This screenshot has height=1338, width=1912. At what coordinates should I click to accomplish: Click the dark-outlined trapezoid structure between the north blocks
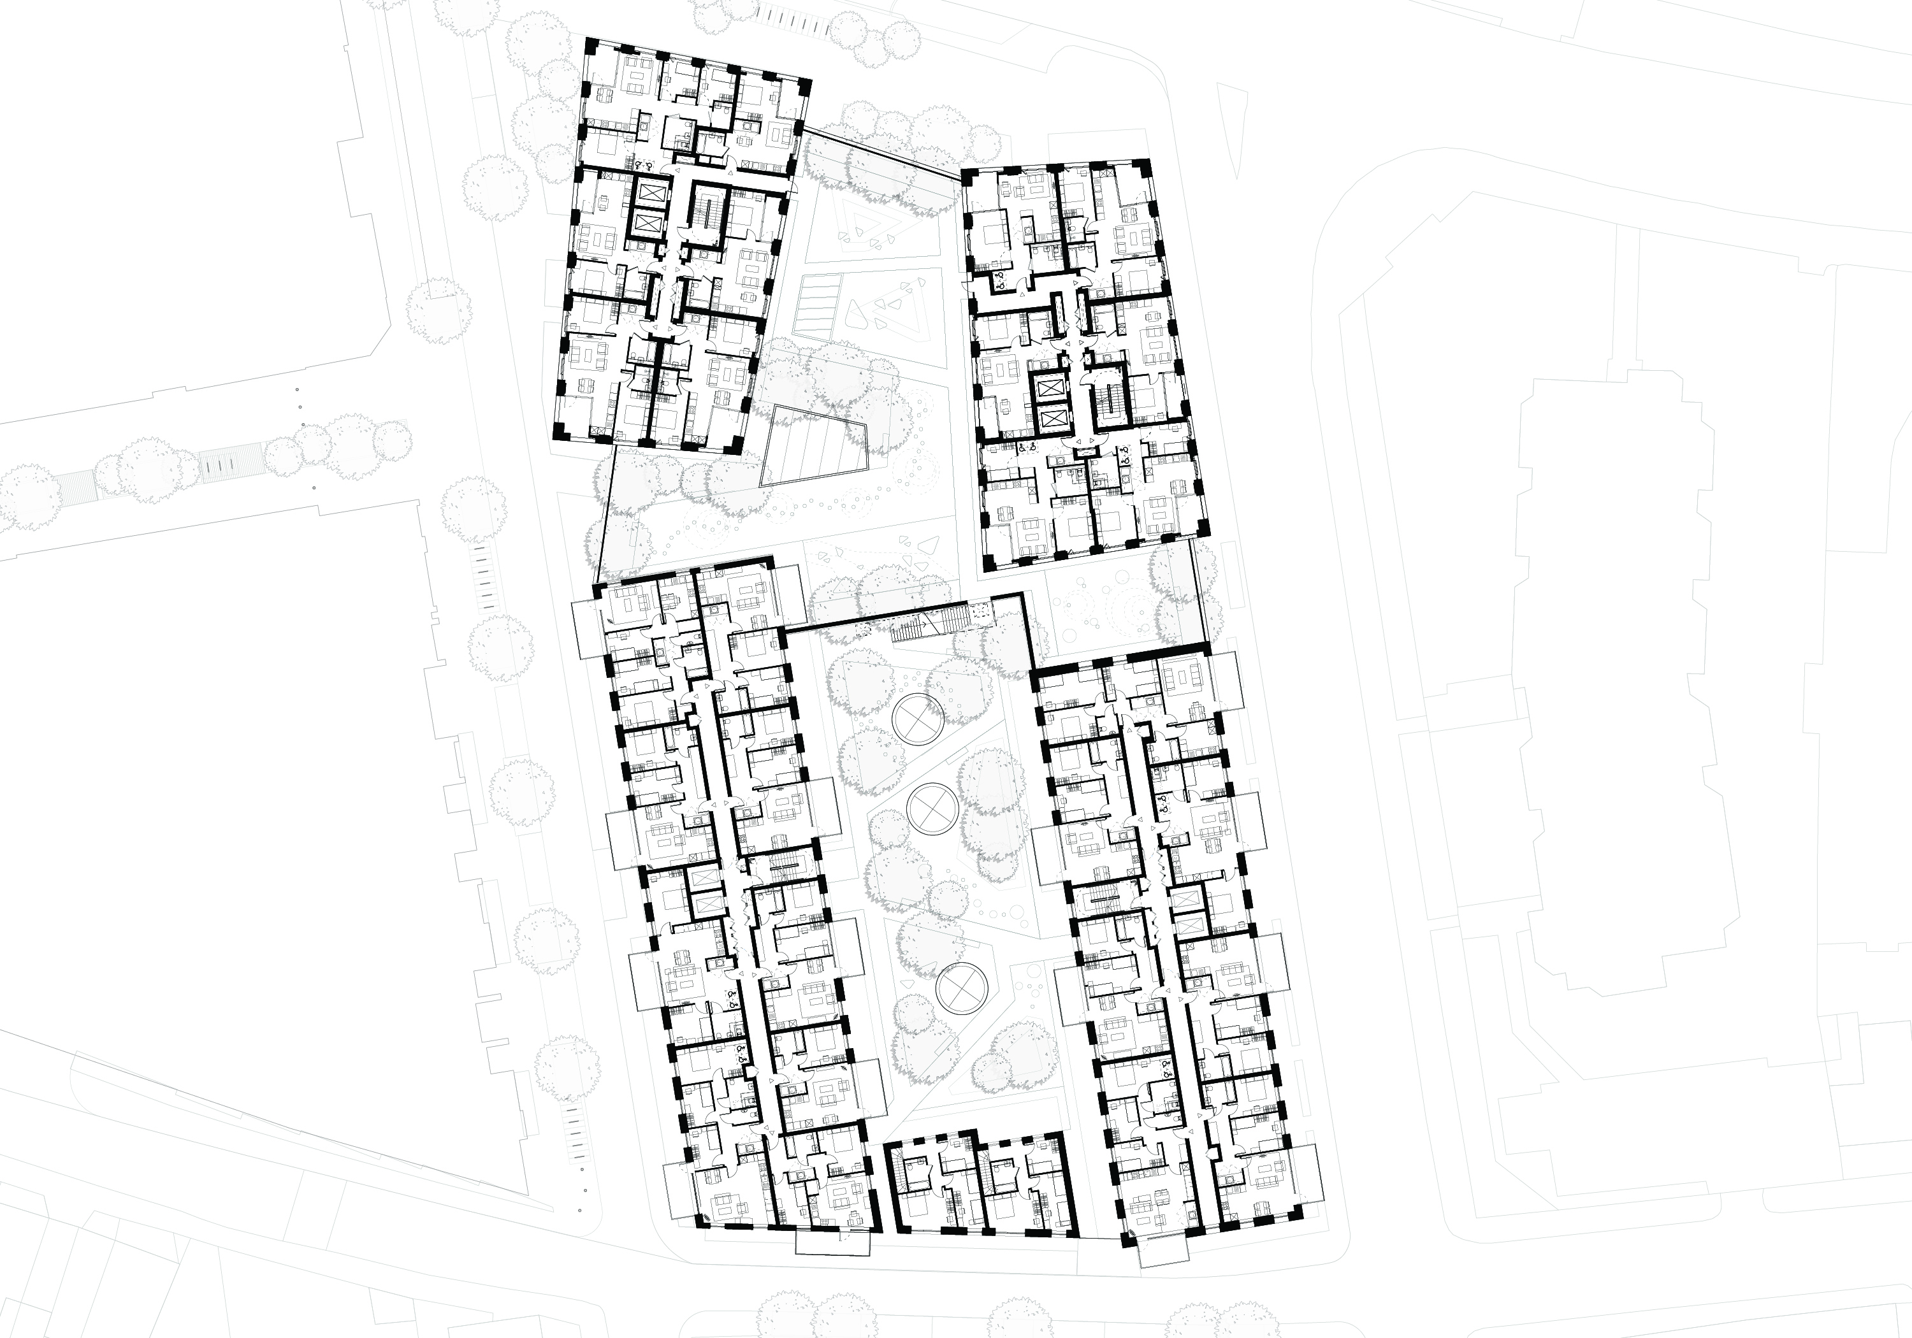tap(812, 445)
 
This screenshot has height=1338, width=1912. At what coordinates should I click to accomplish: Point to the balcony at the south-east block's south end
tap(1163, 1251)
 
